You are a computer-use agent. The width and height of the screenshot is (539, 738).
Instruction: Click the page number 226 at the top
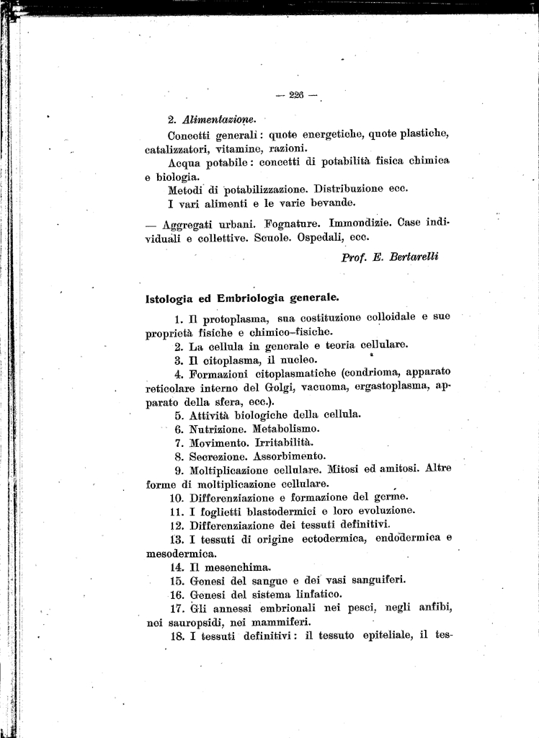click(296, 95)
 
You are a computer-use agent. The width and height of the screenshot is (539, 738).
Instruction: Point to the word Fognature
click(290, 224)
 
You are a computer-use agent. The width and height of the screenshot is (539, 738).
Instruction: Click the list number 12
click(177, 524)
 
